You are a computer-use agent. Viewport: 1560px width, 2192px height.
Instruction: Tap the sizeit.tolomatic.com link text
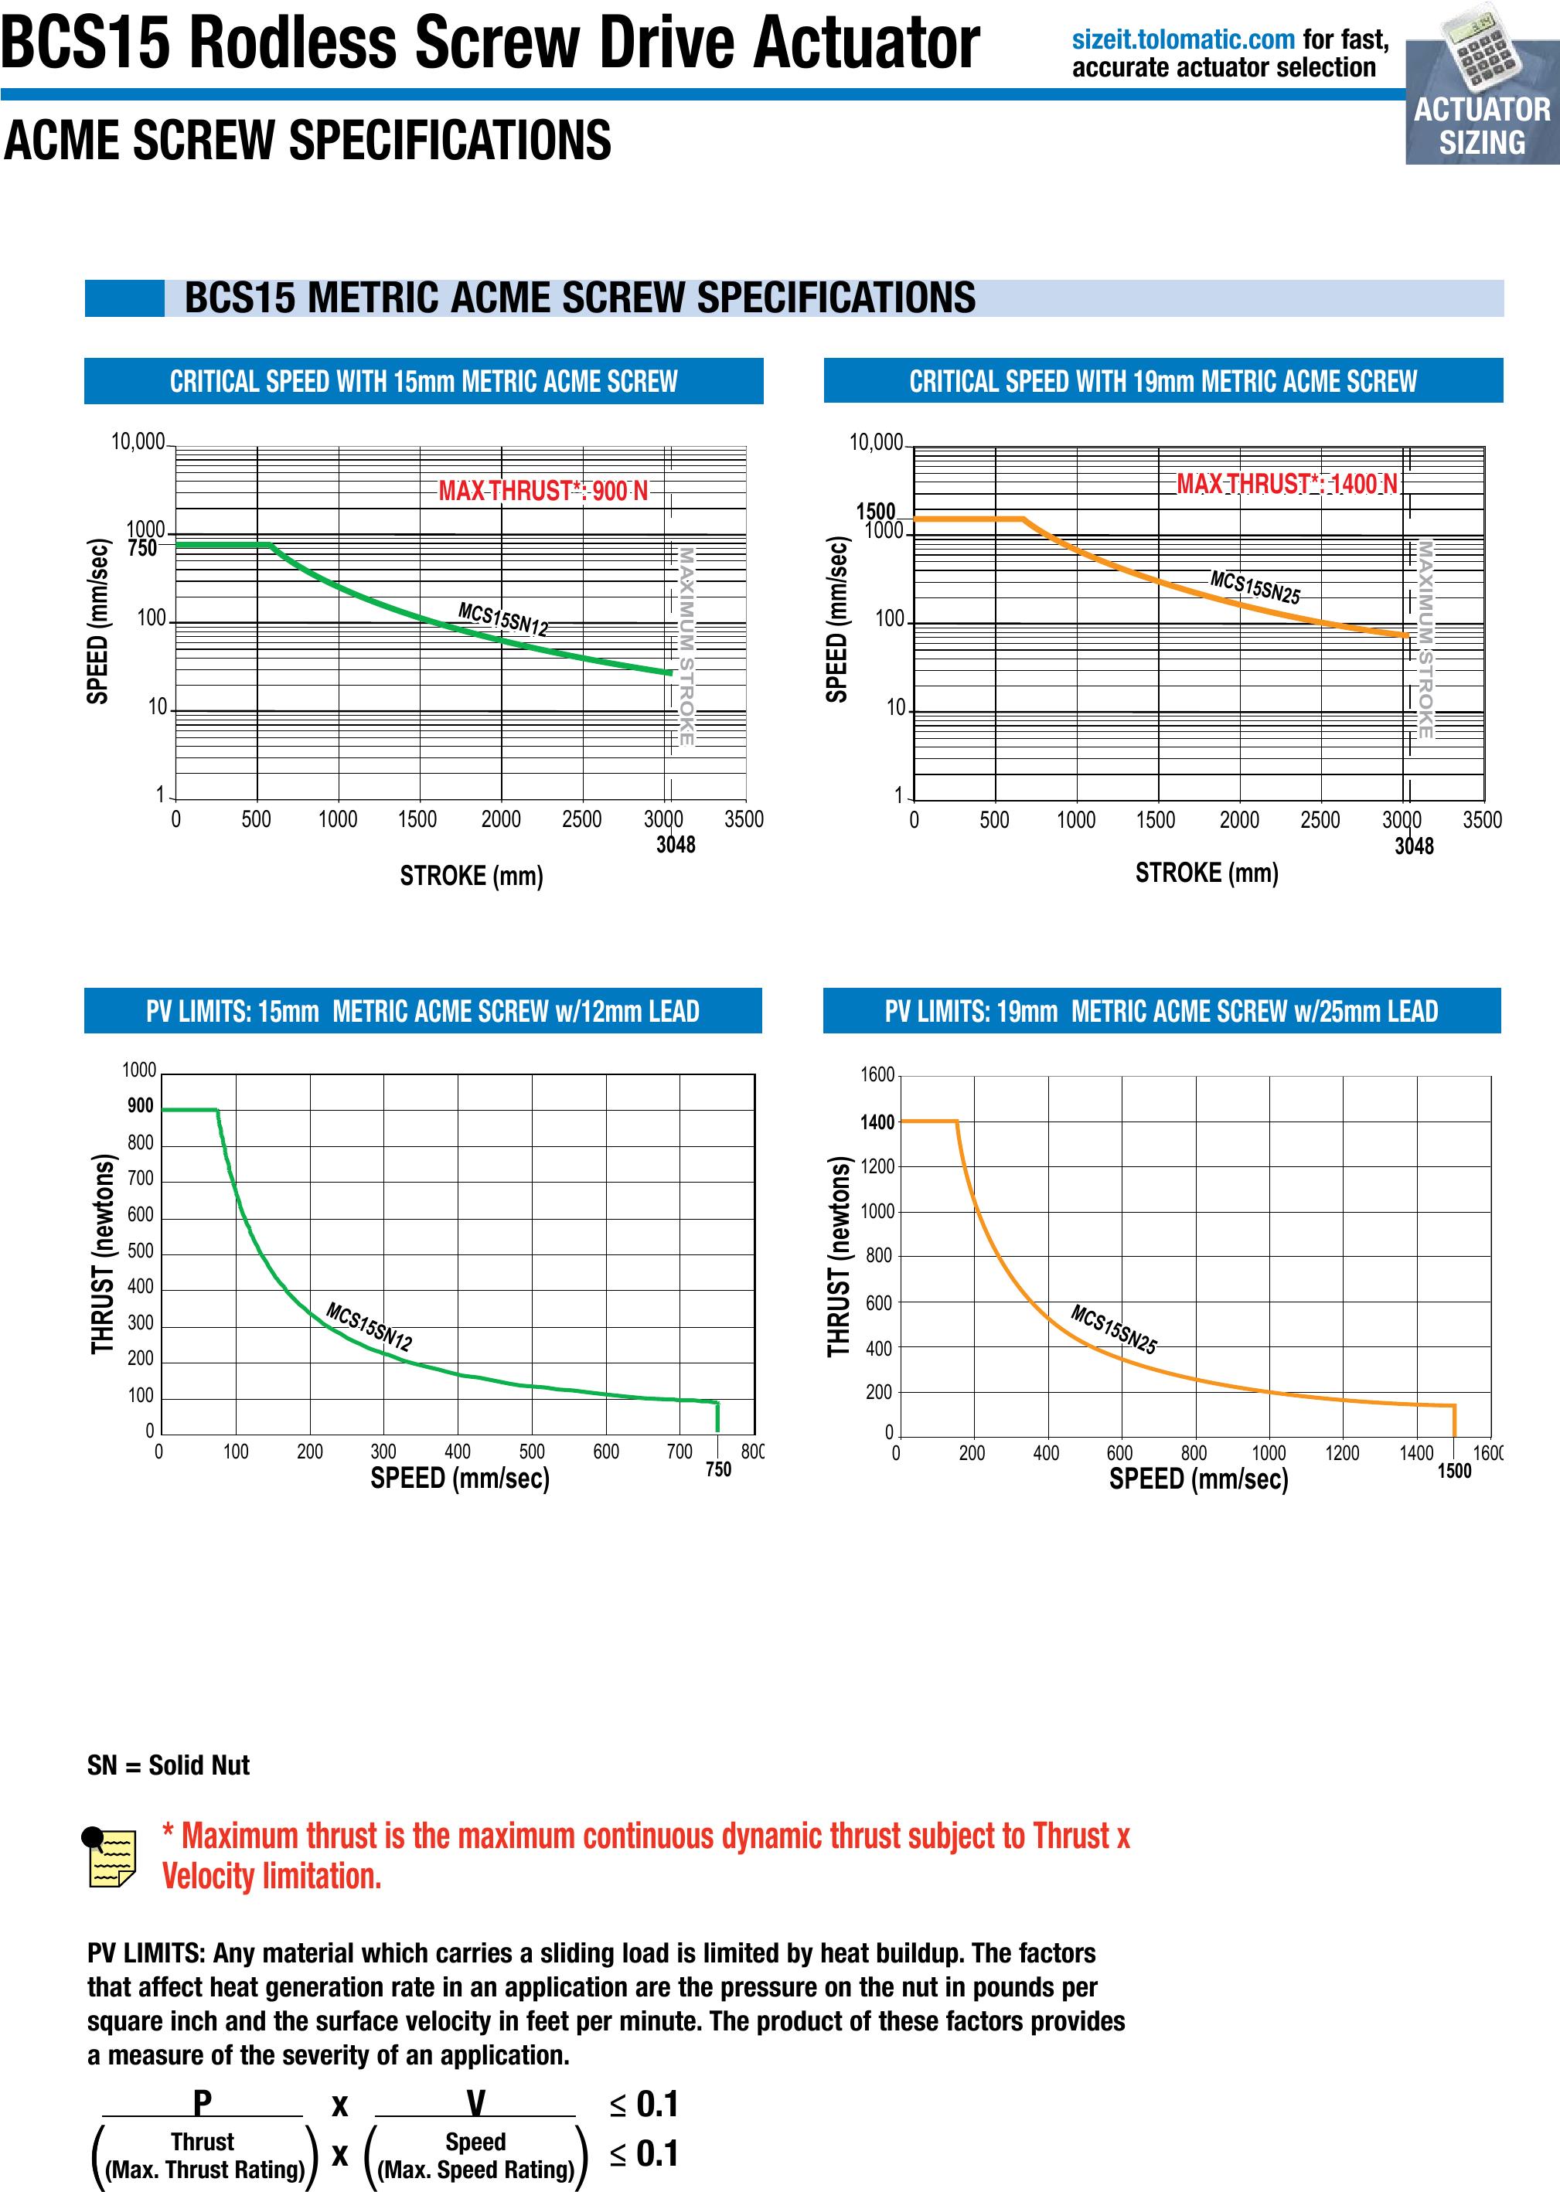pyautogui.click(x=1183, y=39)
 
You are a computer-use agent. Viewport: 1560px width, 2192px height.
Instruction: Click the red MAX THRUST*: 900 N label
pyautogui.click(x=543, y=491)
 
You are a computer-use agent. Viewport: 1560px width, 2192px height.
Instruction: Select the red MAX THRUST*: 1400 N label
pyautogui.click(x=1286, y=483)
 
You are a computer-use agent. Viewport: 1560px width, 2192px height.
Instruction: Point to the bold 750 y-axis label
pyautogui.click(x=141, y=549)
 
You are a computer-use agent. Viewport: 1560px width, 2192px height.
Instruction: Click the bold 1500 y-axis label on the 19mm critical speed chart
pyautogui.click(x=875, y=511)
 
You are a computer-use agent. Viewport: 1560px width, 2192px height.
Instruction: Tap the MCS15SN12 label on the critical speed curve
pyautogui.click(x=502, y=620)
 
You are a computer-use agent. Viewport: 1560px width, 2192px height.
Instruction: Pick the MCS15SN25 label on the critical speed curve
pyautogui.click(x=1255, y=587)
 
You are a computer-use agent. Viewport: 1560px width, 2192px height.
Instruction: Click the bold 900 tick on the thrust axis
pyautogui.click(x=140, y=1105)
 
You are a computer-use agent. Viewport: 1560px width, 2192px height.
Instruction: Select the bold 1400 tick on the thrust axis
pyautogui.click(x=877, y=1122)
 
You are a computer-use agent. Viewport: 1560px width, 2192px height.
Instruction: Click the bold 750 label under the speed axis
pyautogui.click(x=717, y=1469)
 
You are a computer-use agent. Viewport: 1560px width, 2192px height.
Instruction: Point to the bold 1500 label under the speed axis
pyautogui.click(x=1453, y=1471)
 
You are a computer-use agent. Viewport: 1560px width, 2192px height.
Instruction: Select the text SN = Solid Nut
pyautogui.click(x=168, y=1765)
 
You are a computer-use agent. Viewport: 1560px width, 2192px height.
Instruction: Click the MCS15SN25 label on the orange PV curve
pyautogui.click(x=1113, y=1329)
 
